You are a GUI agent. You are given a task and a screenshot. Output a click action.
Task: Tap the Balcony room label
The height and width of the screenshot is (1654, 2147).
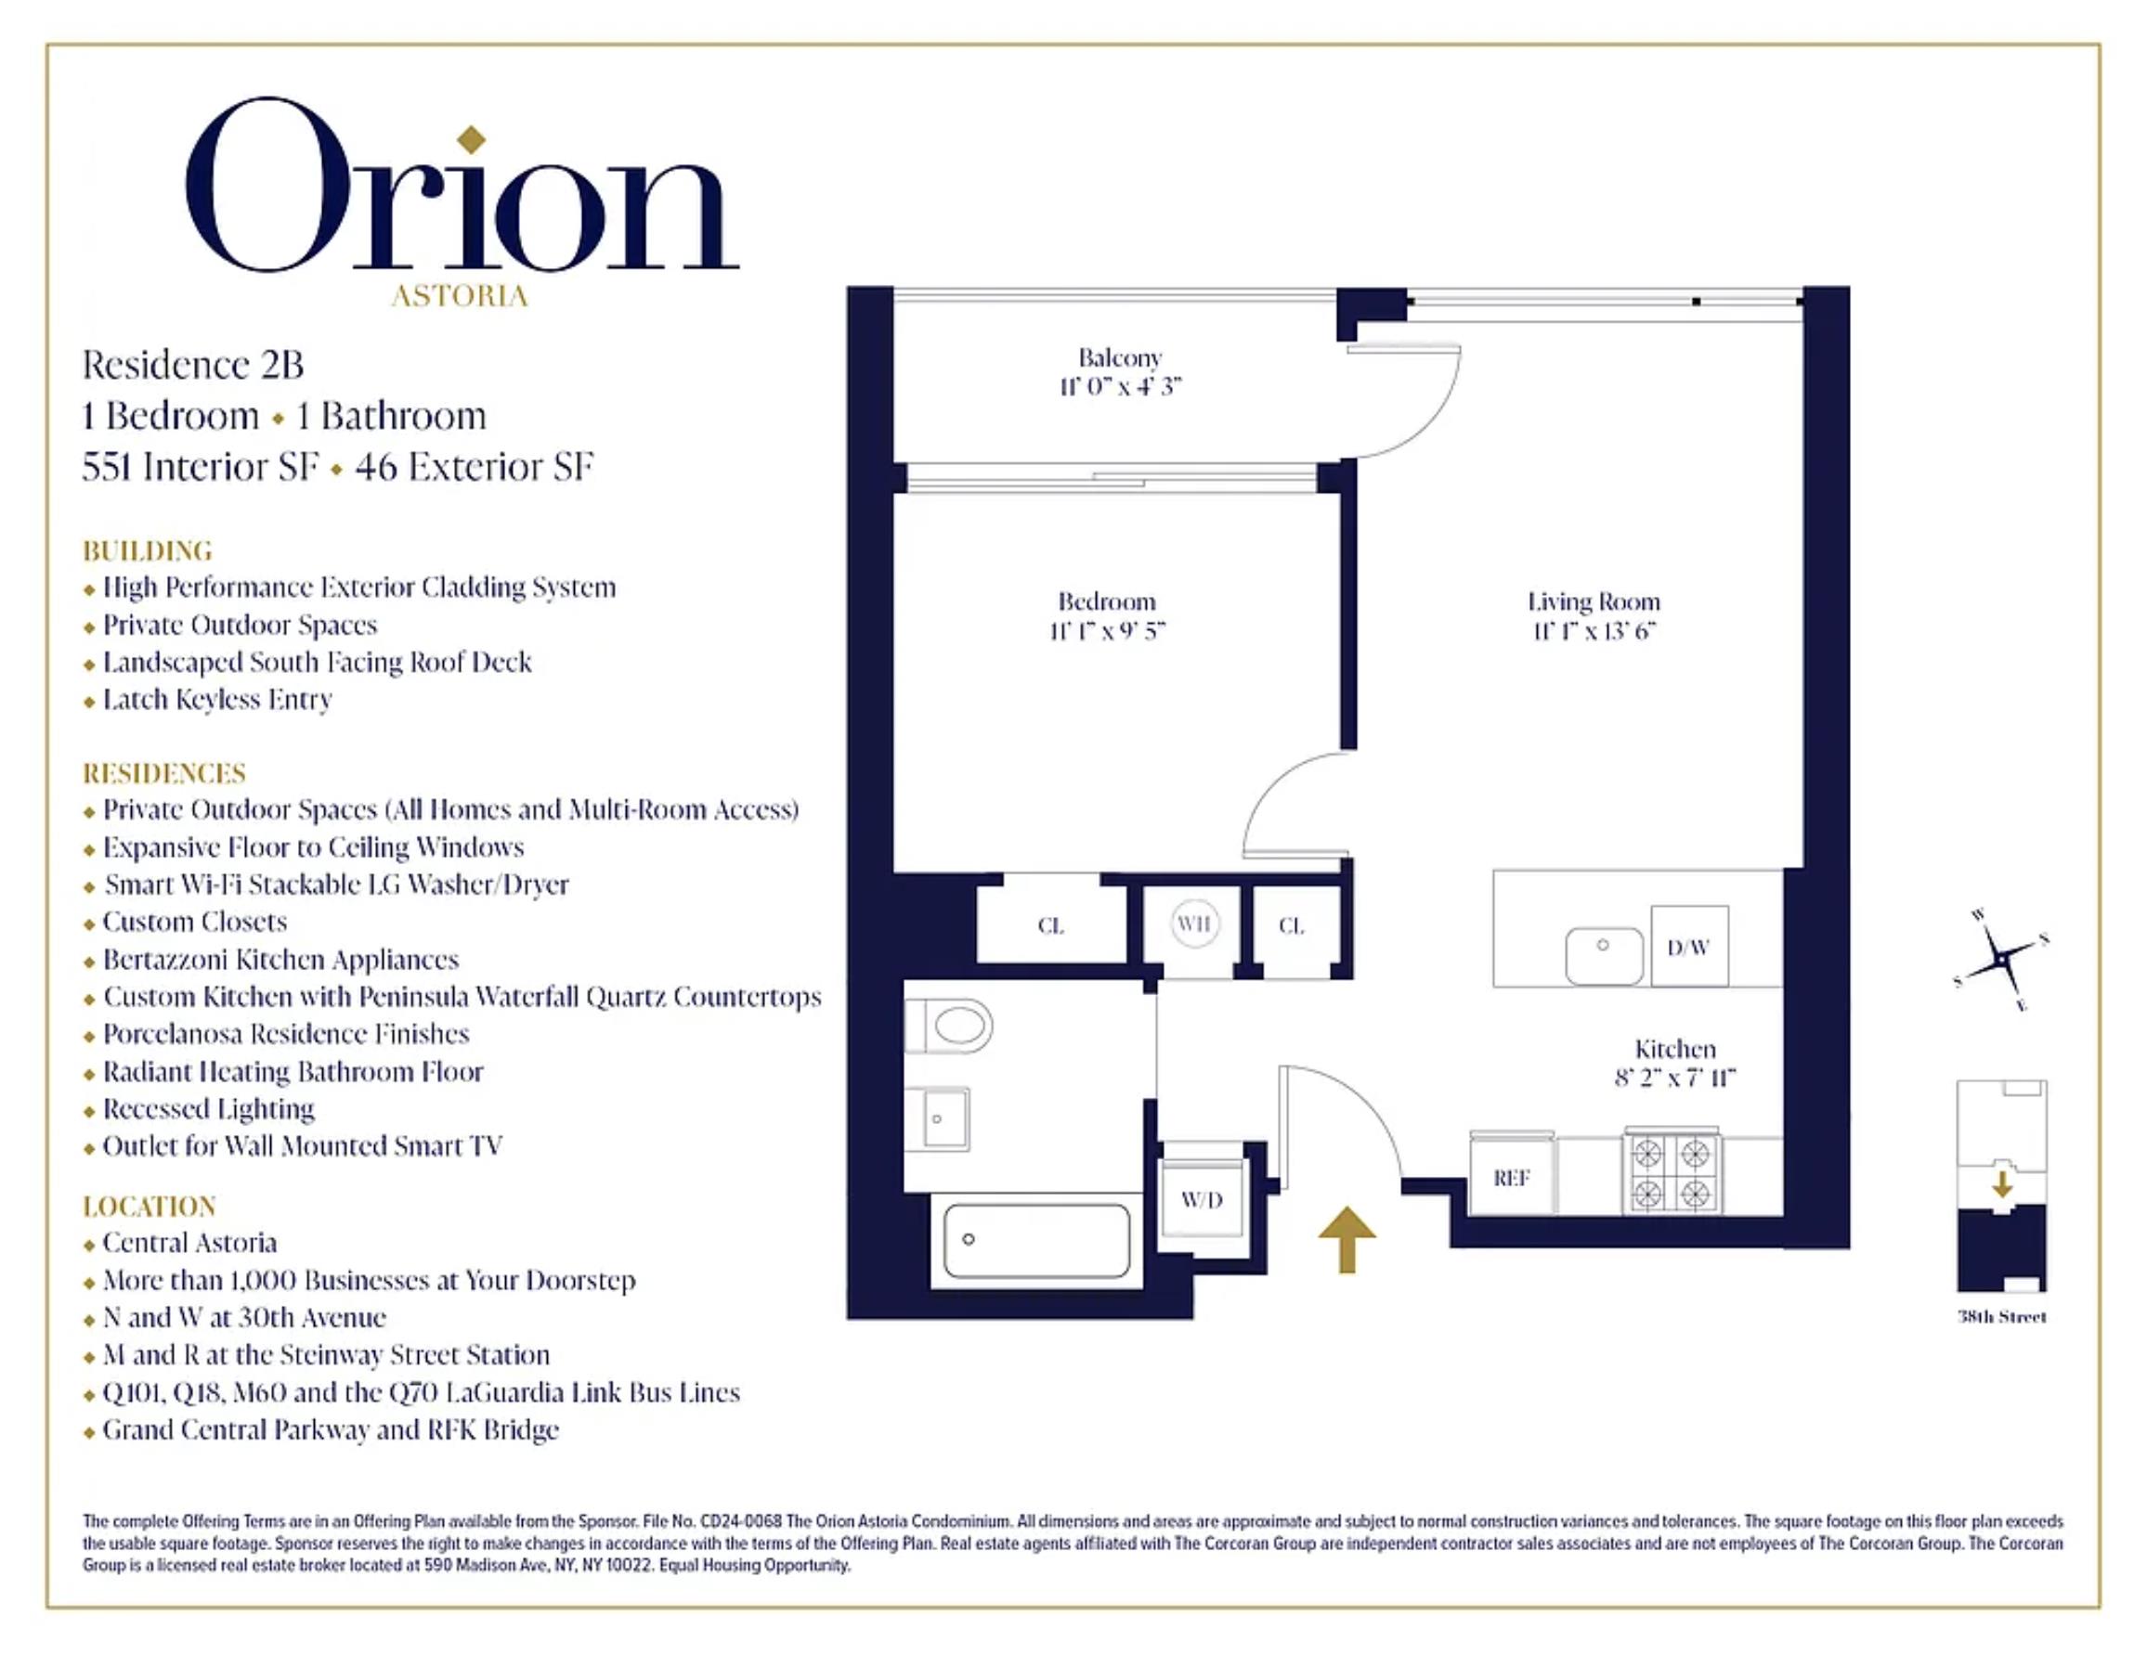1119,357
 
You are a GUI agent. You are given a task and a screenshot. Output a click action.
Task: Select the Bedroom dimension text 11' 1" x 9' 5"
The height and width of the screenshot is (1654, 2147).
1106,631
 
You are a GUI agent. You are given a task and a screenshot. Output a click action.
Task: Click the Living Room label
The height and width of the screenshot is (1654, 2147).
1593,601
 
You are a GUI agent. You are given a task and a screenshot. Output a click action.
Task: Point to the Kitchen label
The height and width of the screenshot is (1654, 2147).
1674,1049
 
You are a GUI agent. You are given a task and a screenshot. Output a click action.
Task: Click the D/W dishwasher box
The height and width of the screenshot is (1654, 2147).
1689,947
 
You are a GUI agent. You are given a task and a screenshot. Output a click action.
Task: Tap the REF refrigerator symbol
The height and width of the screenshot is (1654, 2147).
1511,1177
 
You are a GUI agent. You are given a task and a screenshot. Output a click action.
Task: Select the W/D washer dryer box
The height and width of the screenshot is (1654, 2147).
1203,1199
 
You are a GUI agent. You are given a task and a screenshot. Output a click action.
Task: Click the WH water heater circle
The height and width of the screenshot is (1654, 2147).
1194,924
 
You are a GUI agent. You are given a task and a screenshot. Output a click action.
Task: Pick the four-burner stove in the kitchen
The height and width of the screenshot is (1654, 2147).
1672,1171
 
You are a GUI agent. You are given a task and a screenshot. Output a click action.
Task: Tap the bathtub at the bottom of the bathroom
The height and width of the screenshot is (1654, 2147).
1036,1240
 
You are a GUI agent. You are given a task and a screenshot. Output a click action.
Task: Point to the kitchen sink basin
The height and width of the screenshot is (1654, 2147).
1604,955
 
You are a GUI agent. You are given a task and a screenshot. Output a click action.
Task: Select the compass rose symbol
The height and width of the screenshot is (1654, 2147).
2000,958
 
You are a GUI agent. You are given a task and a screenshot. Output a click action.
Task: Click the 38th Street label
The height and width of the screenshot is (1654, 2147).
2001,1317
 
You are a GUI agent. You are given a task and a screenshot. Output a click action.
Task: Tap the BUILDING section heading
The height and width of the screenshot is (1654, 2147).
148,550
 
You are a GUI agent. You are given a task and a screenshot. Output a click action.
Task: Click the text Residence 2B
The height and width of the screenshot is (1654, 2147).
192,365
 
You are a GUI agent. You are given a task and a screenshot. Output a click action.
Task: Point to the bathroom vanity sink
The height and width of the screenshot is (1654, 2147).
938,1118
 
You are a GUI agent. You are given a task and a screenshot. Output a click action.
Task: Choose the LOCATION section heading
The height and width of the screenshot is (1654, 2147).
150,1206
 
